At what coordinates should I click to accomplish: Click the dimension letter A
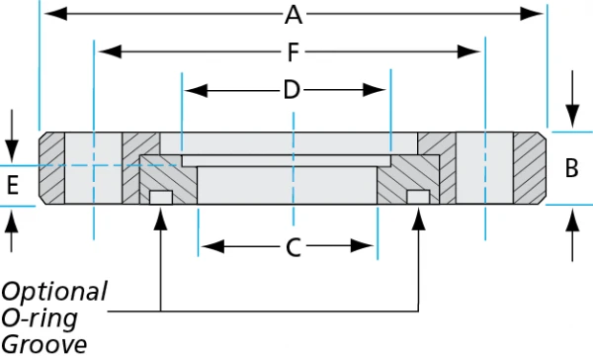pyautogui.click(x=293, y=15)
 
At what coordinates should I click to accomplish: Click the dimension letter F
pyautogui.click(x=293, y=50)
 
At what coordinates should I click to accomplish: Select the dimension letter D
pyautogui.click(x=291, y=90)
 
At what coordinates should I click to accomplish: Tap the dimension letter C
pyautogui.click(x=293, y=247)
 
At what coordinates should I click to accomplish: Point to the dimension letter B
pyautogui.click(x=571, y=168)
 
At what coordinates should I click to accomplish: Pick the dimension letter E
pyautogui.click(x=12, y=184)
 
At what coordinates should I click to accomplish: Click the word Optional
pyautogui.click(x=53, y=292)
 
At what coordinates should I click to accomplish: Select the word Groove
pyautogui.click(x=43, y=344)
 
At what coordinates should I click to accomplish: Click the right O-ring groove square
pyautogui.click(x=419, y=199)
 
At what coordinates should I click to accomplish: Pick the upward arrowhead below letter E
pyautogui.click(x=12, y=218)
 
